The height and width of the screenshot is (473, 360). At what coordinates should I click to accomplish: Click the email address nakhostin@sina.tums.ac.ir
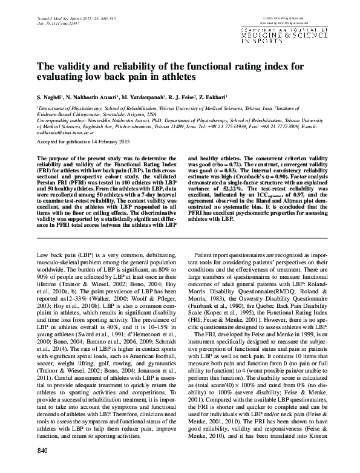click(64, 132)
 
